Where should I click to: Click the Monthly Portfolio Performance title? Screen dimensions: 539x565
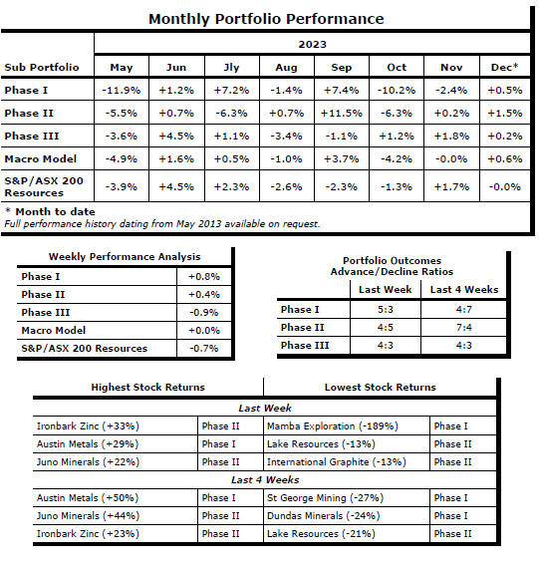(x=266, y=19)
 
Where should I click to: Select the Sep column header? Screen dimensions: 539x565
(x=341, y=68)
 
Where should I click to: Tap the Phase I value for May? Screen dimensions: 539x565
(x=122, y=90)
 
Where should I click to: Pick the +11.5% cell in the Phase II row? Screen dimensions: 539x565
(x=341, y=114)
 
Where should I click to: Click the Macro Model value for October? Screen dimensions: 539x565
(x=397, y=158)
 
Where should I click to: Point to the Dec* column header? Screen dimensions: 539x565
(x=504, y=67)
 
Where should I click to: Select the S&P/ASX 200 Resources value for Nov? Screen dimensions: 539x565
(x=451, y=187)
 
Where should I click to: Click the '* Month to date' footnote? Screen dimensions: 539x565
(x=51, y=211)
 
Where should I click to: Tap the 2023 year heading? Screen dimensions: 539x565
(x=312, y=44)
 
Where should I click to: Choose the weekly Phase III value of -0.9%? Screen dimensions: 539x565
(x=204, y=313)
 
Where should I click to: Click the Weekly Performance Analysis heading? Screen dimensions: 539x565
(x=125, y=256)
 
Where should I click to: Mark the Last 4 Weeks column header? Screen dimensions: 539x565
(x=464, y=289)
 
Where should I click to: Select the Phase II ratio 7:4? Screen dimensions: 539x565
(x=463, y=327)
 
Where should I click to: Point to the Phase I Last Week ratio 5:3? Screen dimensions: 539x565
(x=386, y=309)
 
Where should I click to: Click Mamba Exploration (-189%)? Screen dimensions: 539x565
(x=332, y=425)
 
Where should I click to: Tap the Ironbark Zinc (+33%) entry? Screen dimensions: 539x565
(x=88, y=425)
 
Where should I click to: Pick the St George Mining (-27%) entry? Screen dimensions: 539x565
(x=325, y=497)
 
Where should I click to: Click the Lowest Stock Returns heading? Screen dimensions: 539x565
(x=381, y=387)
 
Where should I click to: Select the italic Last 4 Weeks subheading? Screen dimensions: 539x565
(x=265, y=480)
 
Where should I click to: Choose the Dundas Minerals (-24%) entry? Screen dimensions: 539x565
(x=323, y=515)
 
